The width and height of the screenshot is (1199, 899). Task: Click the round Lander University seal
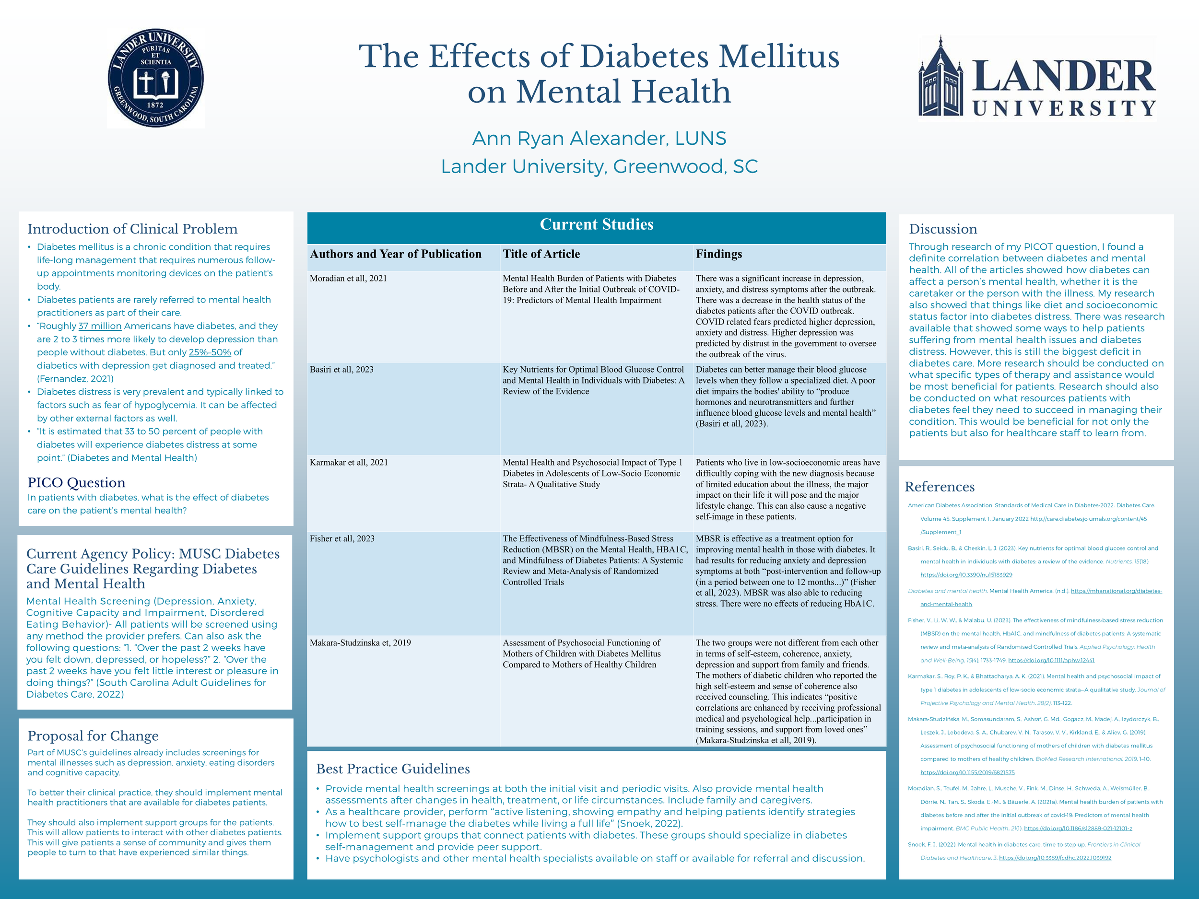pos(155,78)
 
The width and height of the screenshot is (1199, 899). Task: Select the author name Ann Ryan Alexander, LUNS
pos(599,138)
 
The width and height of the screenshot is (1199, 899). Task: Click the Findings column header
pos(719,254)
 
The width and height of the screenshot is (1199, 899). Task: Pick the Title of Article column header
pos(541,254)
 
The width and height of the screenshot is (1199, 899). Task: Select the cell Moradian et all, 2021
pos(348,279)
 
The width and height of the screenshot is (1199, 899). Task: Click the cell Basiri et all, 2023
pos(341,370)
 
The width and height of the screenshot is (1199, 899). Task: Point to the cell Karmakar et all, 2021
pos(349,463)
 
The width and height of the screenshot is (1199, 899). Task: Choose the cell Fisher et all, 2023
pos(342,538)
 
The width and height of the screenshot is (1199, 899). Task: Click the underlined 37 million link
pos(100,326)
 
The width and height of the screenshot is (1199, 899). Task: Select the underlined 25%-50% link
pos(210,352)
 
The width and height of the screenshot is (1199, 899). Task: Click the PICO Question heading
pos(76,482)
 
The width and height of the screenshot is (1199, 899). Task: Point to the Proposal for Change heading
pos(93,736)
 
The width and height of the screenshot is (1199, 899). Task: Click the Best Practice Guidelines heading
pos(393,769)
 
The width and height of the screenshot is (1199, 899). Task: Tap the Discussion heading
pos(943,229)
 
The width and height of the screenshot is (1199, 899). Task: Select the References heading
pos(940,487)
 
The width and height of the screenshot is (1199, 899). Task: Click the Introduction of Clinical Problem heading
pos(133,229)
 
